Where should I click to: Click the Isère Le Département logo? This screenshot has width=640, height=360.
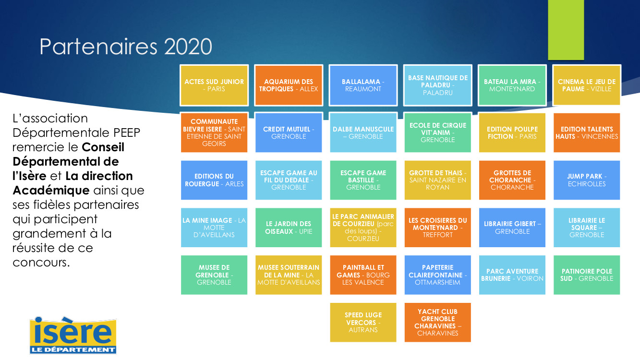[x=73, y=335]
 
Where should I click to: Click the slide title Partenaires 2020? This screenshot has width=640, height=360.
[x=126, y=46]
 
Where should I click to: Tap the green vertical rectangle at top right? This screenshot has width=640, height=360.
[x=566, y=30]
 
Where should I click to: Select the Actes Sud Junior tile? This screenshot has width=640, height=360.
[x=214, y=85]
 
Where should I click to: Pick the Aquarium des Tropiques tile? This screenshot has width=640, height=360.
[x=289, y=85]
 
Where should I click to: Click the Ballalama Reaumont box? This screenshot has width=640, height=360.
[x=363, y=85]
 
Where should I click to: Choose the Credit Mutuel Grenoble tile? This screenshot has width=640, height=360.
[x=289, y=132]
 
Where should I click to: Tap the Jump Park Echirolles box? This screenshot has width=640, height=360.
[x=587, y=180]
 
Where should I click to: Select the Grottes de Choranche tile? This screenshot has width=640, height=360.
[x=512, y=180]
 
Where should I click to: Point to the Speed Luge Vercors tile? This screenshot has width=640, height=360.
[x=363, y=322]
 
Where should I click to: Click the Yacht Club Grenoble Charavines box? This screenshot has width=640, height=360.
[x=438, y=322]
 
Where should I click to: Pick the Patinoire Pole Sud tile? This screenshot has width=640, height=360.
[x=587, y=275]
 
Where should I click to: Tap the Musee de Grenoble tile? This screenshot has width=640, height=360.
[x=214, y=275]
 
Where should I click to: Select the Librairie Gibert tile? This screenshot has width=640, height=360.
[x=512, y=228]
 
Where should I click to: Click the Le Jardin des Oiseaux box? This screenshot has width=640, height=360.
[x=289, y=228]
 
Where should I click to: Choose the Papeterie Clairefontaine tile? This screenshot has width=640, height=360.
[x=438, y=275]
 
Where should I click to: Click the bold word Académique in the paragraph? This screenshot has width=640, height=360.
[x=51, y=191]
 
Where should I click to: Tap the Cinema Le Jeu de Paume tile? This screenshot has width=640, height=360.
[x=587, y=85]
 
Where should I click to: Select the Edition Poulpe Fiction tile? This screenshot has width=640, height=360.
[x=512, y=132]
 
